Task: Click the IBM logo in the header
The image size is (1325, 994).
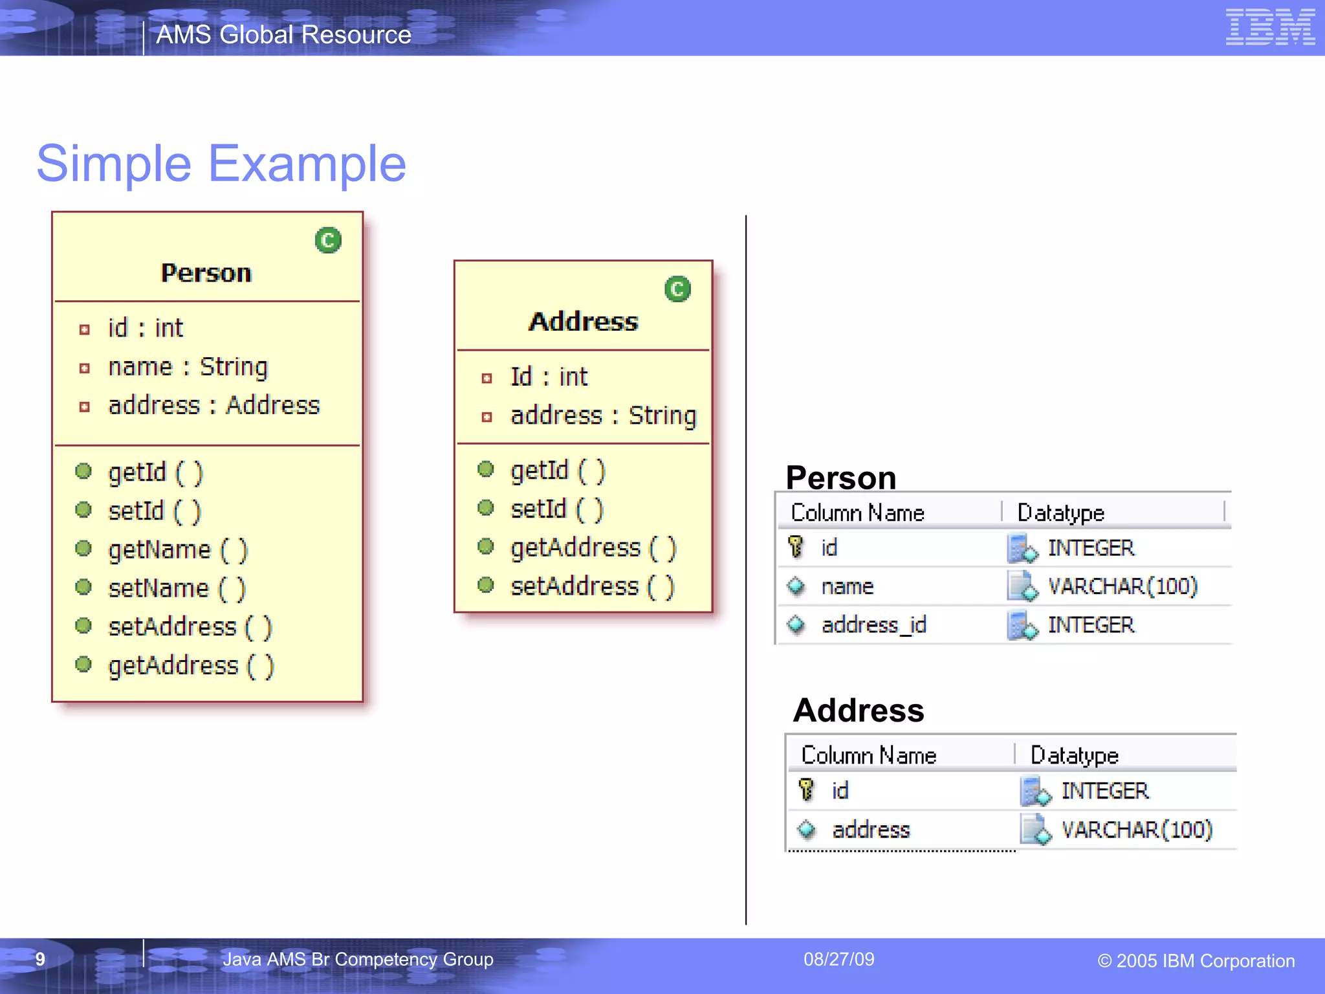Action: point(1269,27)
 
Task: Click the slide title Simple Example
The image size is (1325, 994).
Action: point(221,164)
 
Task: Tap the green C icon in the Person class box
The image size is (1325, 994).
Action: point(328,240)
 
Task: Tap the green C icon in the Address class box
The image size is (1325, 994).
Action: point(677,289)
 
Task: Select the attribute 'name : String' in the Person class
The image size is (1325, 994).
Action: point(188,367)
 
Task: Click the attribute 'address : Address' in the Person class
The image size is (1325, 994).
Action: point(214,406)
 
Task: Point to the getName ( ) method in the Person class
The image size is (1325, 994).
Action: point(178,550)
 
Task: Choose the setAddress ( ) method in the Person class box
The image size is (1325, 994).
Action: point(190,627)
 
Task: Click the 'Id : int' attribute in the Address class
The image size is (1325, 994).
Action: point(549,377)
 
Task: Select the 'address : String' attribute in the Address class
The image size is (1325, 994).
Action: point(603,416)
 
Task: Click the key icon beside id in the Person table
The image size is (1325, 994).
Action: point(796,547)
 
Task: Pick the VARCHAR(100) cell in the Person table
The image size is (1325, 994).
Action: point(1122,586)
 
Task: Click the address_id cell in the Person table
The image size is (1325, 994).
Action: point(873,625)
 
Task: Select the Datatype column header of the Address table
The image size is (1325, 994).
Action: point(1074,755)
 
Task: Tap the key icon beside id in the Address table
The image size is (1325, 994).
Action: point(806,790)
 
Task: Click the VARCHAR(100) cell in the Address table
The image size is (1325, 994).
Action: point(1137,830)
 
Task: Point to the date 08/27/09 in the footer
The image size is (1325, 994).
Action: point(838,959)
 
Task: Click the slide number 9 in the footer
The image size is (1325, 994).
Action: point(40,959)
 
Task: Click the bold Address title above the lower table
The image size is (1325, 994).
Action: point(859,711)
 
